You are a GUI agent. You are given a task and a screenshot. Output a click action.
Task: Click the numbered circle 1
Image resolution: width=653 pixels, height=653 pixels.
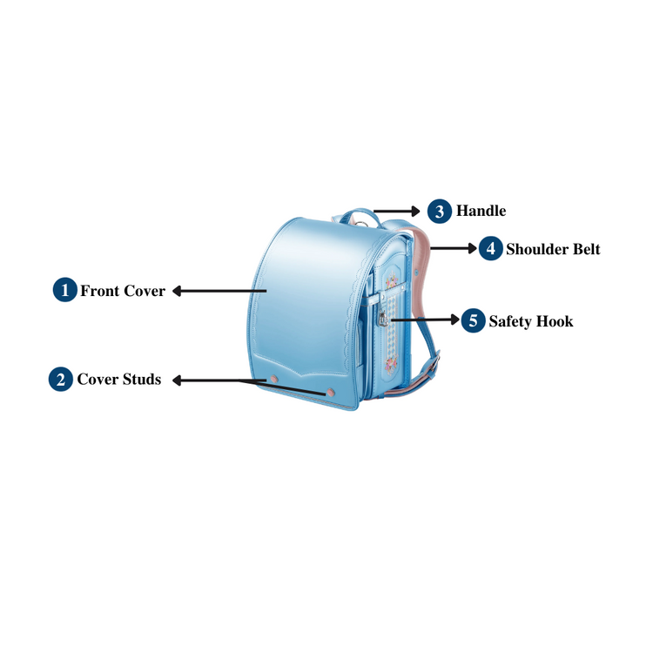(x=65, y=291)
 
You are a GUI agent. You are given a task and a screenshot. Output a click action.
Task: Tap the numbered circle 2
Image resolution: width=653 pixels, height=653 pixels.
(x=61, y=380)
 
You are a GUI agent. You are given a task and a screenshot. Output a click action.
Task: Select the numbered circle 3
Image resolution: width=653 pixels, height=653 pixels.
(x=440, y=212)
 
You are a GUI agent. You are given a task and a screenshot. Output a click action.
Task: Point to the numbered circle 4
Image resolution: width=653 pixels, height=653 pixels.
(x=490, y=249)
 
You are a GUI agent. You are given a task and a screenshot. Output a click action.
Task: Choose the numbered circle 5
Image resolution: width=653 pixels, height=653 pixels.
(x=473, y=321)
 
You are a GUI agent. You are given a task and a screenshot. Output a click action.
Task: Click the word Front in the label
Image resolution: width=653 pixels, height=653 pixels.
(x=99, y=291)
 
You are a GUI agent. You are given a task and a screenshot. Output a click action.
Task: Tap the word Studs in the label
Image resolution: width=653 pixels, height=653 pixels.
(x=141, y=380)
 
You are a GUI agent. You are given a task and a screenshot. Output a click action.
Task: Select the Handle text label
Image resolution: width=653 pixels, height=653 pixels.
(x=481, y=212)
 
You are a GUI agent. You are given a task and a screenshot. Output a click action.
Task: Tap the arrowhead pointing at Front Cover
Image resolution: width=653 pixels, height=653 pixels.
(x=176, y=291)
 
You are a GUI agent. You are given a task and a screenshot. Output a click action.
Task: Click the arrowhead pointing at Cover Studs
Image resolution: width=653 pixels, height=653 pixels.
(x=176, y=380)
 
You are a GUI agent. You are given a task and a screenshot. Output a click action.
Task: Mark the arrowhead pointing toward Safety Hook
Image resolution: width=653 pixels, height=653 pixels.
(x=458, y=320)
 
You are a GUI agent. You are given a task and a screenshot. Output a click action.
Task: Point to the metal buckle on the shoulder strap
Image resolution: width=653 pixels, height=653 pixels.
(x=433, y=360)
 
